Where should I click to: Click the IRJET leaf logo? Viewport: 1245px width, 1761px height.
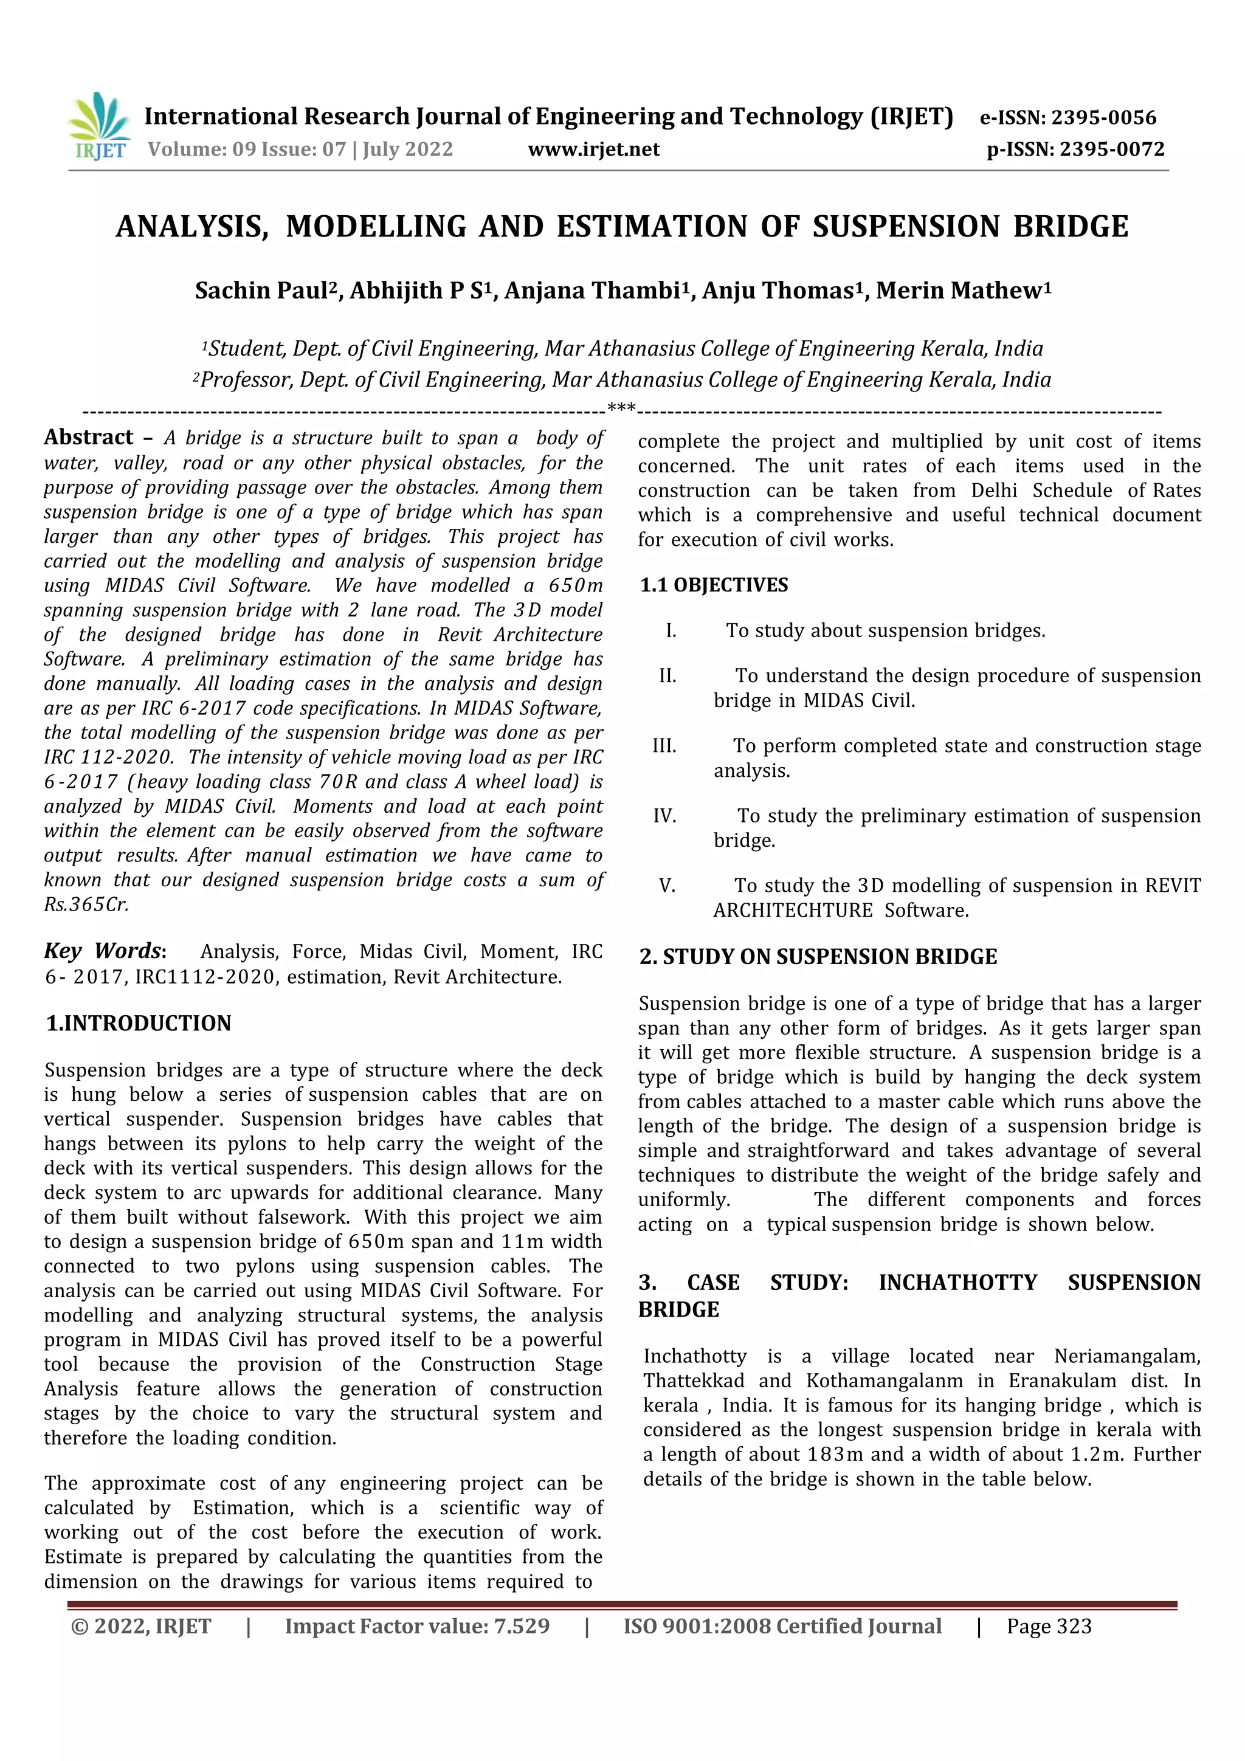coord(100,125)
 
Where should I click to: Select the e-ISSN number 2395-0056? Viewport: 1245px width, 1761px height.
coord(1103,117)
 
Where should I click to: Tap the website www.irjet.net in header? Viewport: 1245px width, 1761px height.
coord(594,149)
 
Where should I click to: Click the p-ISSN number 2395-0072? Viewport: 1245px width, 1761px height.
coord(1111,149)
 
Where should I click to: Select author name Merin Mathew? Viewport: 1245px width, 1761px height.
coord(959,291)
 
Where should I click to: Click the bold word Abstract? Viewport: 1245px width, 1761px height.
coord(89,437)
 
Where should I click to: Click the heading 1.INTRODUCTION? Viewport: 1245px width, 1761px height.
coord(139,1023)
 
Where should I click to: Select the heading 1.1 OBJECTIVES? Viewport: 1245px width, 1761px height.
coord(714,585)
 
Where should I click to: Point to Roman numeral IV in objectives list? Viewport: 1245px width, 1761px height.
coord(664,816)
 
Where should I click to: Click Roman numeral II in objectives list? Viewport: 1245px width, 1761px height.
coord(667,676)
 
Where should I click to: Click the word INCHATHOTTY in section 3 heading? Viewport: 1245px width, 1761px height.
coord(957,1283)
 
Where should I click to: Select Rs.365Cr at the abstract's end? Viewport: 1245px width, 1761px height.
coord(86,905)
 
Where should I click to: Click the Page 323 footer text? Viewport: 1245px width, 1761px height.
coord(1049,1627)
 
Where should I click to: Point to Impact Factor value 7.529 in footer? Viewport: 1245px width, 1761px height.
coord(417,1627)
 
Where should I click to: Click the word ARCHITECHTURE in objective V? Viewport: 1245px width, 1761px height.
coord(793,911)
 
